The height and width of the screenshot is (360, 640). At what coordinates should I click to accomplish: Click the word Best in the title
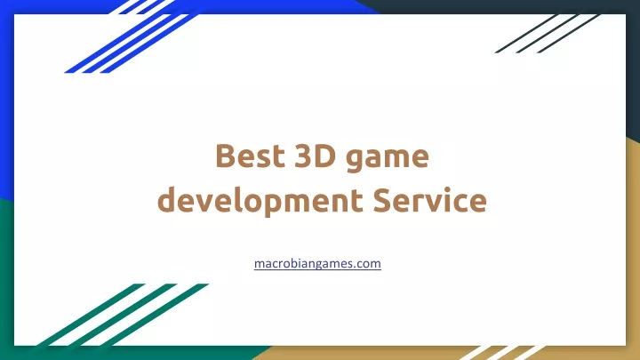[250, 156]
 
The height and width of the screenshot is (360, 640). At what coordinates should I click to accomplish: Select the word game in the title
[388, 159]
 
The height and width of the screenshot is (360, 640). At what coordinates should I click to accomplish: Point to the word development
[260, 201]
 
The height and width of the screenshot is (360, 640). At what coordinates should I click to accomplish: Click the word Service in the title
[430, 200]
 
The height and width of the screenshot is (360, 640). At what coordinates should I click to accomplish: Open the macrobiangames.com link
[317, 264]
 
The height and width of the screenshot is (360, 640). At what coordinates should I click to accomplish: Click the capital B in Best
[227, 156]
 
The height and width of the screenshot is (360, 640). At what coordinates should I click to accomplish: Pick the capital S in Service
[383, 200]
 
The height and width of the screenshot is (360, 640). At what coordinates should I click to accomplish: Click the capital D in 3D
[325, 156]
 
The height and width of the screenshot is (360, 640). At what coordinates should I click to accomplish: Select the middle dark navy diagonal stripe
[548, 34]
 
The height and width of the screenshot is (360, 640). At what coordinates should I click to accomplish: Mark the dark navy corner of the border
[633, 61]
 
